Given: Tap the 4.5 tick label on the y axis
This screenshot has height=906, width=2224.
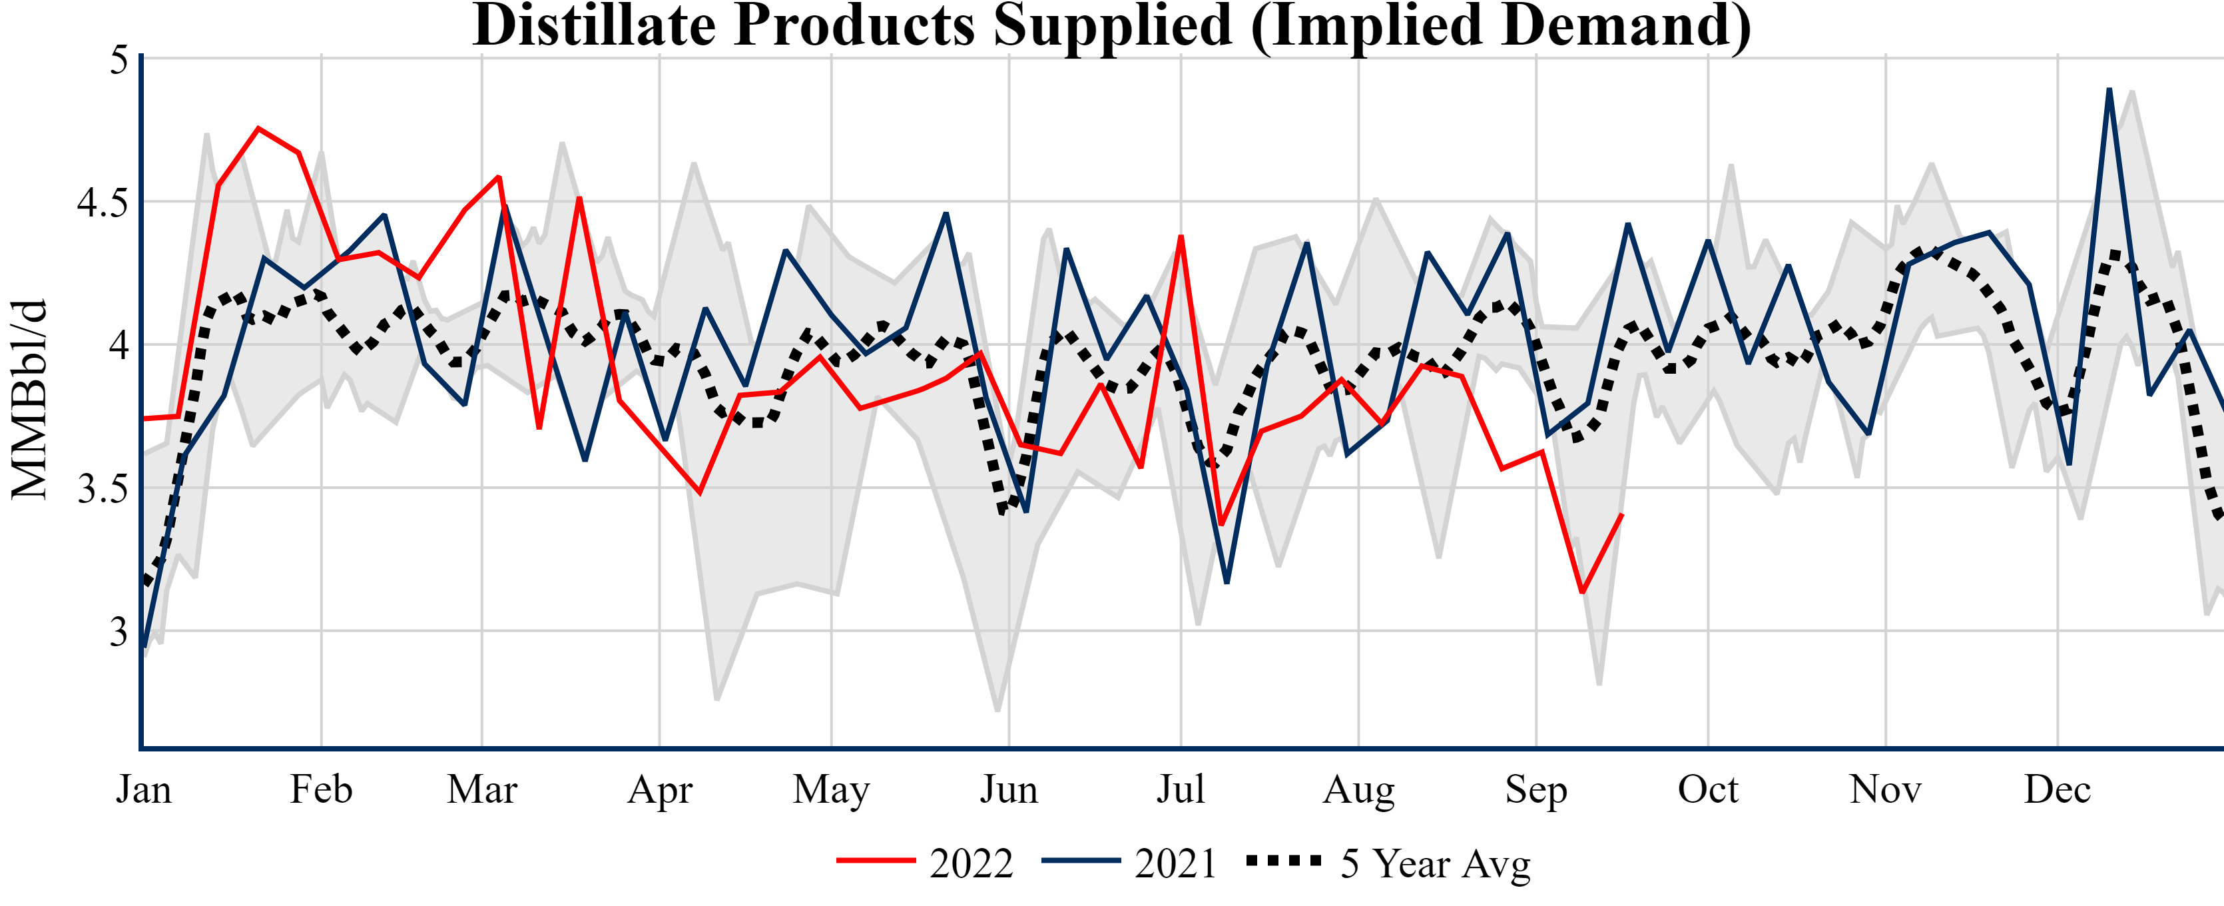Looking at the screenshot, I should tap(102, 203).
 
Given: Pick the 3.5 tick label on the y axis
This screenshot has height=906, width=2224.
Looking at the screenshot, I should tap(102, 489).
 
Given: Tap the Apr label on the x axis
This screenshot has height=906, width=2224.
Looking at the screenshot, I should tap(660, 789).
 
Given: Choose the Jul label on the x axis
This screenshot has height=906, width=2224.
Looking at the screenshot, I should tap(1180, 789).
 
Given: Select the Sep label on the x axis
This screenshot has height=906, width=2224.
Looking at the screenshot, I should tap(1536, 789).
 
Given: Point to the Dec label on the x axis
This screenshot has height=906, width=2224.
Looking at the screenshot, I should tap(2058, 789).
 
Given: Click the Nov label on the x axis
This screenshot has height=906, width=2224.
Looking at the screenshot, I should tap(1886, 789).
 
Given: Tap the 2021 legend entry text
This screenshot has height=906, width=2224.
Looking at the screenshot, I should tap(1175, 863).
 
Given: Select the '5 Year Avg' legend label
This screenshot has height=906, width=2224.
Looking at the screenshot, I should tap(1435, 863).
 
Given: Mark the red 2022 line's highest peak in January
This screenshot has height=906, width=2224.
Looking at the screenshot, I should tap(258, 129).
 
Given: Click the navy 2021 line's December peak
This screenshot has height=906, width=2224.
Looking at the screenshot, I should tap(2109, 89).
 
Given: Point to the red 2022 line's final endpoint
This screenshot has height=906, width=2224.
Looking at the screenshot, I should tap(1622, 515).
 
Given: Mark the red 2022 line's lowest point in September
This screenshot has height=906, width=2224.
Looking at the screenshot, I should tap(1581, 592).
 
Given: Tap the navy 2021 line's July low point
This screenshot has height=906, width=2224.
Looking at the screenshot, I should tap(1227, 582).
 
